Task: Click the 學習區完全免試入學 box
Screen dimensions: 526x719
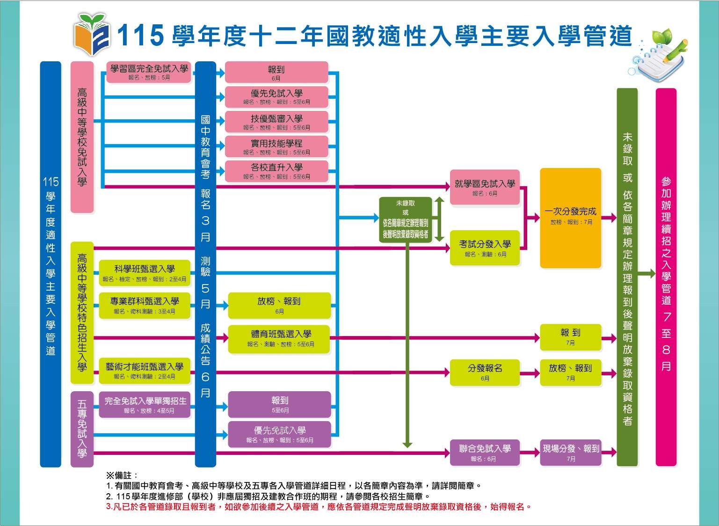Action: tap(149, 72)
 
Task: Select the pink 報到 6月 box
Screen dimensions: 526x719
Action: tap(276, 73)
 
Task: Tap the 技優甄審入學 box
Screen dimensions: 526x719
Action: tap(276, 122)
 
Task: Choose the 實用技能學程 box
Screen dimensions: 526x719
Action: tap(276, 146)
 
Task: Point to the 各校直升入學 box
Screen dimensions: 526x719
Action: tap(276, 171)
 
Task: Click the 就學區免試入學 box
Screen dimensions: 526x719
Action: tap(485, 187)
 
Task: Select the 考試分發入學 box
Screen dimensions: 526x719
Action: tap(485, 248)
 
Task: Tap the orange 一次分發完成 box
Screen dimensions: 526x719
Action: tap(570, 218)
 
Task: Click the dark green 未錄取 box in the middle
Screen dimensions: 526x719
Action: tap(405, 219)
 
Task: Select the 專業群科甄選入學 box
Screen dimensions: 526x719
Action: tap(145, 305)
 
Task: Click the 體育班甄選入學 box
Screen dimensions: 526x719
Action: tap(279, 338)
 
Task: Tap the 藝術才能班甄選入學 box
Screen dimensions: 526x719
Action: tap(145, 371)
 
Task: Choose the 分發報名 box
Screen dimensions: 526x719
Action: tap(485, 372)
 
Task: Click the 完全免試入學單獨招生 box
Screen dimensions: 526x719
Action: tap(145, 404)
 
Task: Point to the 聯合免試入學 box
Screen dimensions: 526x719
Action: tap(485, 453)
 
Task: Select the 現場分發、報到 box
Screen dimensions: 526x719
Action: tap(570, 453)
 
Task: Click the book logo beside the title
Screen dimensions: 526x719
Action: tap(92, 33)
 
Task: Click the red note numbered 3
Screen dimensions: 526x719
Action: tap(319, 507)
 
